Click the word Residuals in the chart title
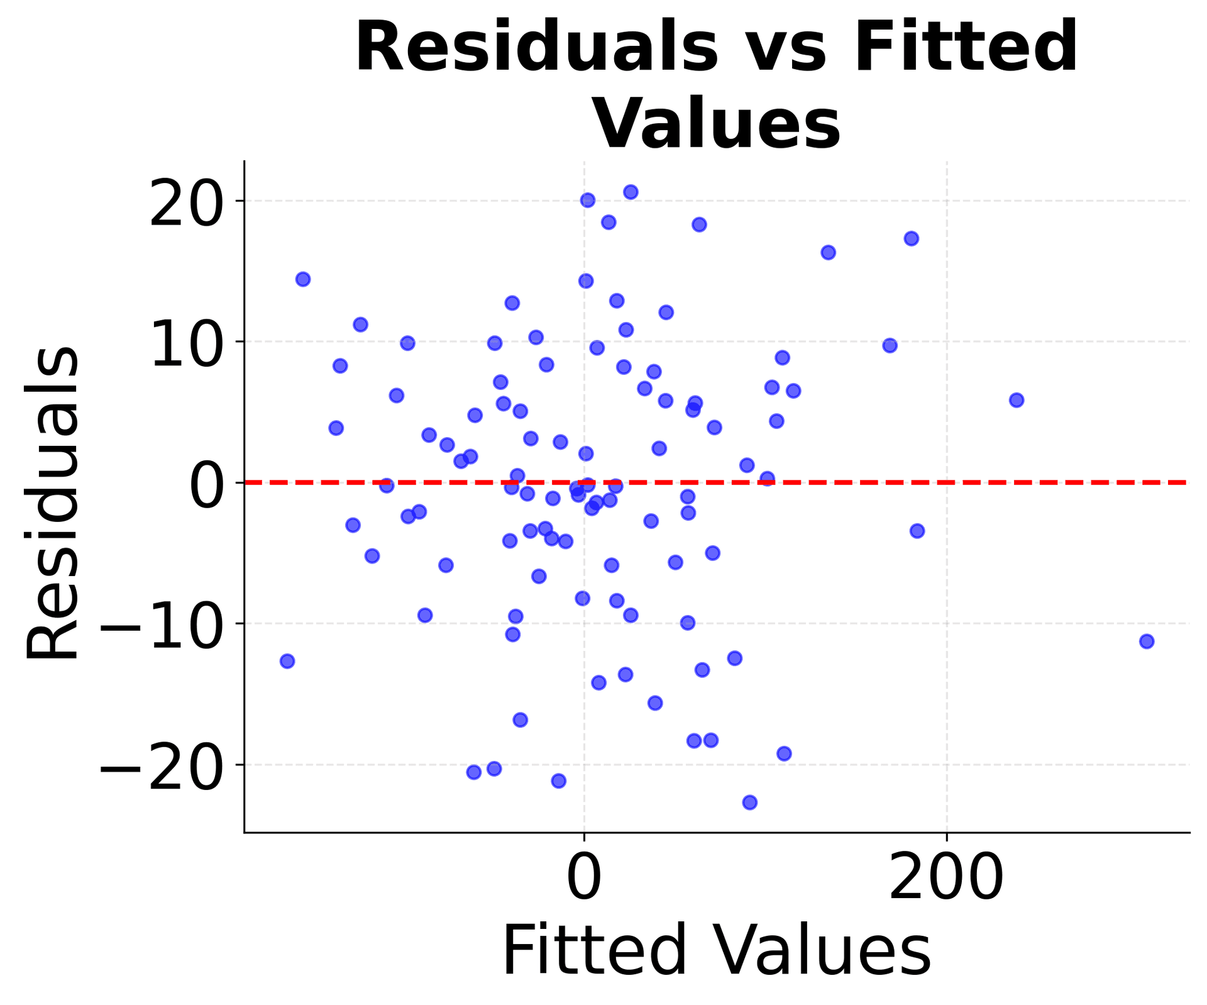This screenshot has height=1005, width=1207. point(536,48)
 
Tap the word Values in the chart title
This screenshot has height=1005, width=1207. point(717,123)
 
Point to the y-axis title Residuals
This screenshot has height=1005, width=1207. point(53,503)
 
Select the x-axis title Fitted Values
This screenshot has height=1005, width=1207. point(717,951)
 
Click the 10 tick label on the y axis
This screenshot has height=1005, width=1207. point(186,342)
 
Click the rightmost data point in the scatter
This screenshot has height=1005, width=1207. point(1147,641)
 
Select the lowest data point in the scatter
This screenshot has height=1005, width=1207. point(750,802)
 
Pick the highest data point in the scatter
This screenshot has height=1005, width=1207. point(631,192)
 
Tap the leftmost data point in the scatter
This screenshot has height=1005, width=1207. point(287,661)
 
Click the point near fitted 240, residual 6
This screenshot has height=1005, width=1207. point(1017,400)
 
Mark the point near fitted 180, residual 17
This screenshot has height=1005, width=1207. point(912,238)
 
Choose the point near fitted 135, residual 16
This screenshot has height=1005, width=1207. point(829,253)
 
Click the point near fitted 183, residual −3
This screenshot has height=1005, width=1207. point(917,531)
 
